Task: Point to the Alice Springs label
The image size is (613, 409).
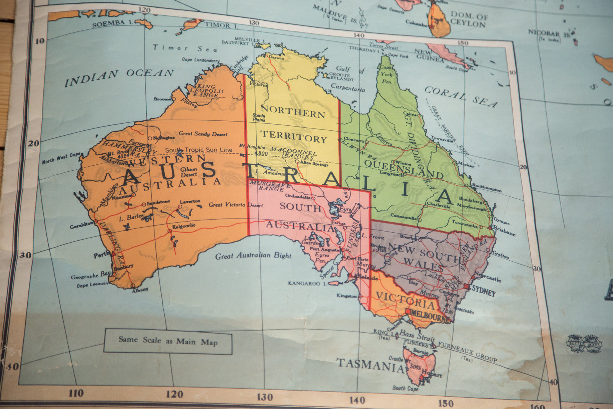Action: [x=314, y=164]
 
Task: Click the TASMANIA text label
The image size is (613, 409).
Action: [x=370, y=365]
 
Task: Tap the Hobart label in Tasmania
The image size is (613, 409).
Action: [x=432, y=374]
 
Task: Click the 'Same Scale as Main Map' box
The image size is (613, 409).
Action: [x=168, y=341]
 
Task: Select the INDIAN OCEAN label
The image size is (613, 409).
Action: [x=119, y=77]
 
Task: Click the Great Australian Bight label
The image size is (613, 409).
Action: [x=253, y=256]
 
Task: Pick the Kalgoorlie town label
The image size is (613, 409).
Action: [x=184, y=226]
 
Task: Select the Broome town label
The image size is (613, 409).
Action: [x=162, y=99]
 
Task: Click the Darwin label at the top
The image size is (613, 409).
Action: [x=277, y=58]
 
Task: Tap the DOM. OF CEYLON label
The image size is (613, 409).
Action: [x=469, y=19]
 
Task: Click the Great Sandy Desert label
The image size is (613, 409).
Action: [x=203, y=134]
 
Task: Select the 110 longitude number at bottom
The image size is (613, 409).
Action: [x=76, y=393]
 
